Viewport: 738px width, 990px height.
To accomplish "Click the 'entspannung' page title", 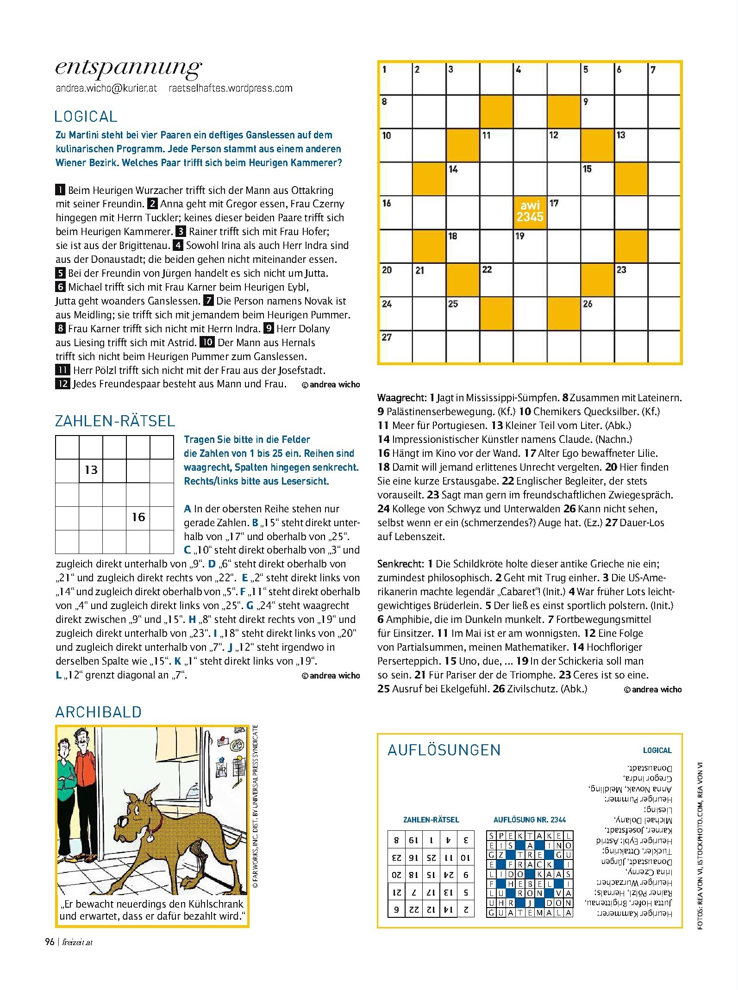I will pyautogui.click(x=128, y=68).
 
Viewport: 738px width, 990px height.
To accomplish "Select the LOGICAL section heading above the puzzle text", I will pyautogui.click(x=86, y=116).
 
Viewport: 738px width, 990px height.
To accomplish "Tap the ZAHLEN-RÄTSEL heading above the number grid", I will pyautogui.click(x=115, y=421).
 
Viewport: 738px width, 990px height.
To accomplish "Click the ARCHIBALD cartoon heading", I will pyautogui.click(x=98, y=712).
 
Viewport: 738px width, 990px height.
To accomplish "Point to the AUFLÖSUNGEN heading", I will pyautogui.click(x=444, y=750).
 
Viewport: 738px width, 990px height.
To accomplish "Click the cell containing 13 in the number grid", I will pyautogui.click(x=91, y=470).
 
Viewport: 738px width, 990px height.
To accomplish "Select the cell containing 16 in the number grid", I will pyautogui.click(x=138, y=517).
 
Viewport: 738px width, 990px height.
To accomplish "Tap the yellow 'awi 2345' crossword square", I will pyautogui.click(x=530, y=212).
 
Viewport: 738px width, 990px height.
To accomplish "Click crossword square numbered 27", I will pyautogui.click(x=395, y=346).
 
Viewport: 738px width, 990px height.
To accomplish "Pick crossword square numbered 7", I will pyautogui.click(x=664, y=78).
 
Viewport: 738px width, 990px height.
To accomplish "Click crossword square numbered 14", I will pyautogui.click(x=463, y=178).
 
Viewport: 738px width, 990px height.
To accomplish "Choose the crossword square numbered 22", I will pyautogui.click(x=496, y=279).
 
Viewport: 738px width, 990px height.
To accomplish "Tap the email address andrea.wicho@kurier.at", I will pyautogui.click(x=106, y=88).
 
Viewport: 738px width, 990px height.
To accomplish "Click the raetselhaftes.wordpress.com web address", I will pyautogui.click(x=231, y=88).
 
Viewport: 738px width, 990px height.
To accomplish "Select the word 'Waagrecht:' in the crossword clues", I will pyautogui.click(x=401, y=398).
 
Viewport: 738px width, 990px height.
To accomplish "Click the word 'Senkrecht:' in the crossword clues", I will pyautogui.click(x=400, y=564).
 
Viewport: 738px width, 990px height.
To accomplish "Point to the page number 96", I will pyautogui.click(x=50, y=942).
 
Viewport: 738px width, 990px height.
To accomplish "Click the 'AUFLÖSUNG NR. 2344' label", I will pyautogui.click(x=529, y=820).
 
